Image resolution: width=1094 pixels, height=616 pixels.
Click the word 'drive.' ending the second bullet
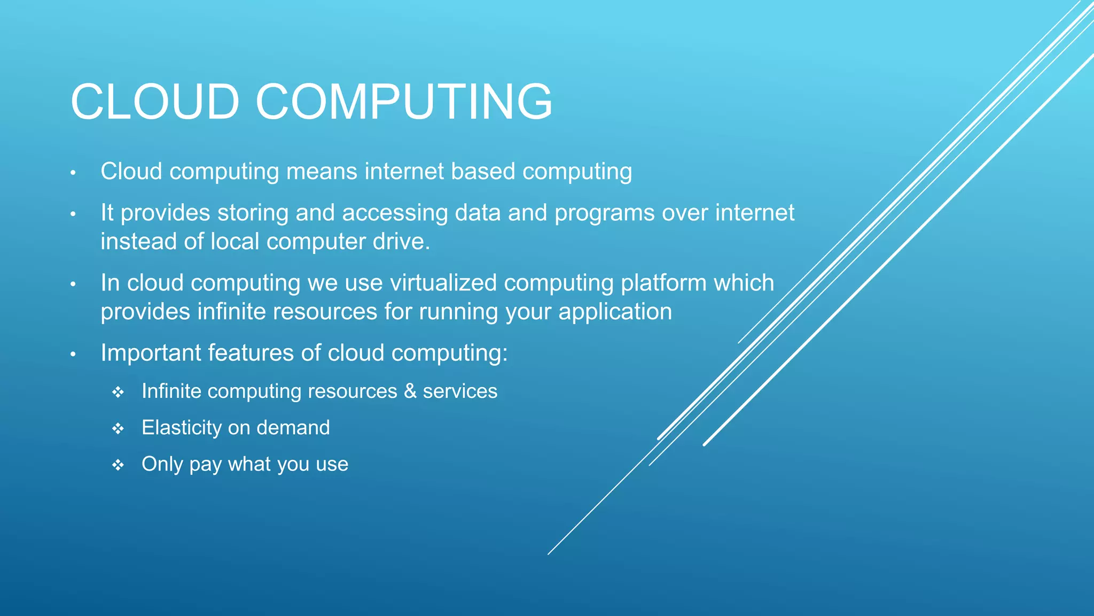click(x=401, y=242)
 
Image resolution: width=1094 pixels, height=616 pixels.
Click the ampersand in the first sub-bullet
click(x=410, y=391)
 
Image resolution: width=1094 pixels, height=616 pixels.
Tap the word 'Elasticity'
click(x=181, y=428)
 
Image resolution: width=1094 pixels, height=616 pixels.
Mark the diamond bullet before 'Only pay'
click(x=118, y=465)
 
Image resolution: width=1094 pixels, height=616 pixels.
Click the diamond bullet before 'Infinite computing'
click(x=118, y=392)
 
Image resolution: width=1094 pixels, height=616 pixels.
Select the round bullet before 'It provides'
click(x=73, y=214)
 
